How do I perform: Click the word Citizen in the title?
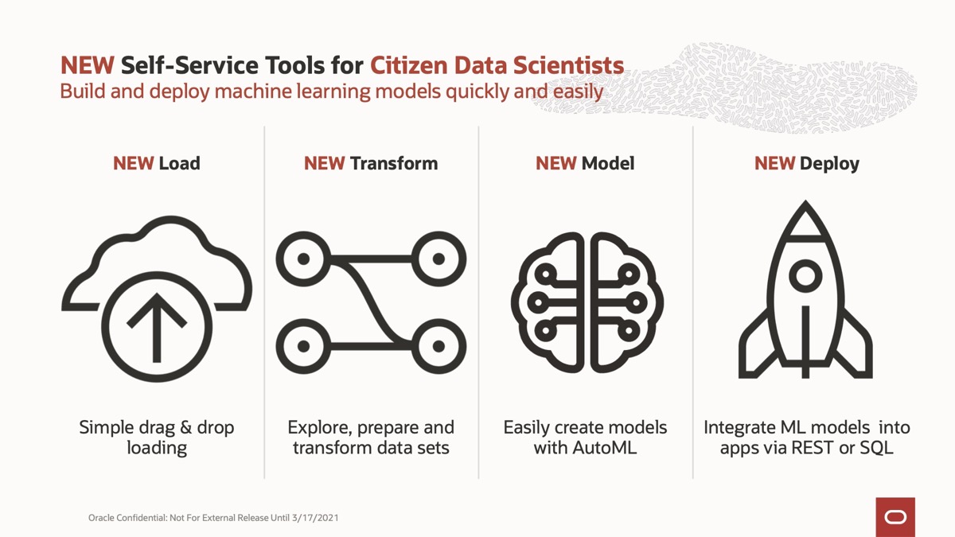pos(409,65)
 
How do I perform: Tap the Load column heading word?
pos(179,163)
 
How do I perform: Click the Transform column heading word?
pos(393,163)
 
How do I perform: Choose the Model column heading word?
pos(608,163)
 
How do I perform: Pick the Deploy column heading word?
pos(829,164)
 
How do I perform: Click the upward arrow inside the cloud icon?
pos(157,327)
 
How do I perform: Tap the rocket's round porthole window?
pos(805,276)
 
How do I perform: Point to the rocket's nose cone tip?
pos(805,201)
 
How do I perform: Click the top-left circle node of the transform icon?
pos(303,259)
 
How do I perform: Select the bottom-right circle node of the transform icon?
pos(439,346)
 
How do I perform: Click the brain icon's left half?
pos(548,302)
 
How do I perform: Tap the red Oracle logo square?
pos(895,517)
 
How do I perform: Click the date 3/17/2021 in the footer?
pos(315,518)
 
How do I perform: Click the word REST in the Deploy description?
pos(813,448)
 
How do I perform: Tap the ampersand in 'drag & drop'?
pos(185,427)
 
